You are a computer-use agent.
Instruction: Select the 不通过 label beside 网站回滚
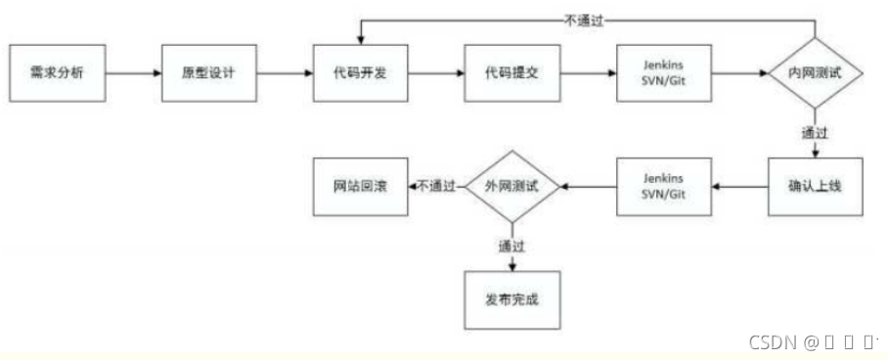point(436,184)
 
